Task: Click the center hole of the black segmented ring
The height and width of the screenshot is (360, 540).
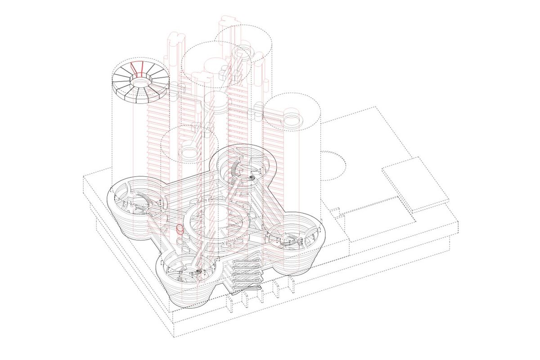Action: [140, 82]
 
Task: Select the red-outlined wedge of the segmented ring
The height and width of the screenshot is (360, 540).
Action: [135, 69]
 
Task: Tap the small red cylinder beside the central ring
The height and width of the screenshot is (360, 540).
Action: [180, 229]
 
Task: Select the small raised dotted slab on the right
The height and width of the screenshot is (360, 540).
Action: [415, 183]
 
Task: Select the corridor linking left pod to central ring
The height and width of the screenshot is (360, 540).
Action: [169, 211]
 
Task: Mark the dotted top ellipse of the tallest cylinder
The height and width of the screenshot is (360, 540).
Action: [245, 38]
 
